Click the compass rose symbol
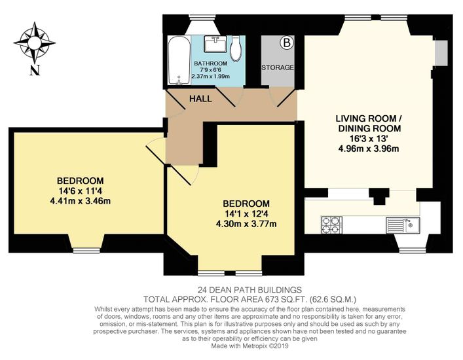pos(35,43)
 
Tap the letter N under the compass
pos(35,70)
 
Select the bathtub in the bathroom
pos(179,60)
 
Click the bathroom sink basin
pos(215,44)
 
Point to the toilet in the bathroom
pos(236,48)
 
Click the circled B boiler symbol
pos(287,43)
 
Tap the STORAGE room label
pos(278,67)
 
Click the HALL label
pos(200,99)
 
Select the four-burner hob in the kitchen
pos(331,225)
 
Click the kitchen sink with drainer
pos(403,225)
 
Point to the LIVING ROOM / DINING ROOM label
pos(369,123)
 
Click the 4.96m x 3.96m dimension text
pos(369,149)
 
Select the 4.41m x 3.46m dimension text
pos(81,201)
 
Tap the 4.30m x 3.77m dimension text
pos(246,224)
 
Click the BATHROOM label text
pos(210,63)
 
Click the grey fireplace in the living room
pos(441,53)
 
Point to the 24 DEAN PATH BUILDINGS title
pos(250,289)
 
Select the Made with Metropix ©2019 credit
pos(250,346)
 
